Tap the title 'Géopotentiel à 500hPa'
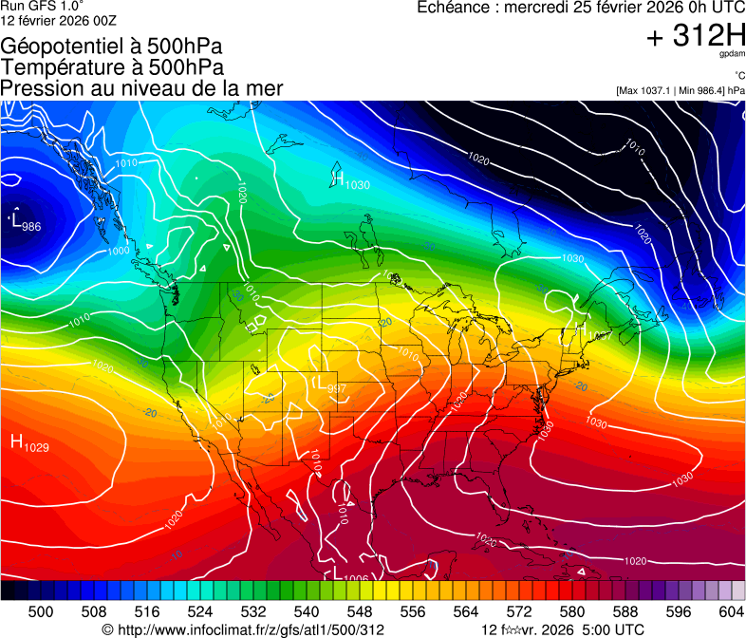coord(112,47)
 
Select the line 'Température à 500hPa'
coord(112,67)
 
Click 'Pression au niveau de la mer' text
coord(141,88)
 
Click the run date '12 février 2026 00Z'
coord(53,21)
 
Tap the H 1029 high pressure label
coord(28,442)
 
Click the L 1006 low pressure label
coord(349,575)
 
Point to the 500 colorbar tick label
coord(41,610)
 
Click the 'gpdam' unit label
coord(731,55)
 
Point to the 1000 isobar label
coord(119,251)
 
